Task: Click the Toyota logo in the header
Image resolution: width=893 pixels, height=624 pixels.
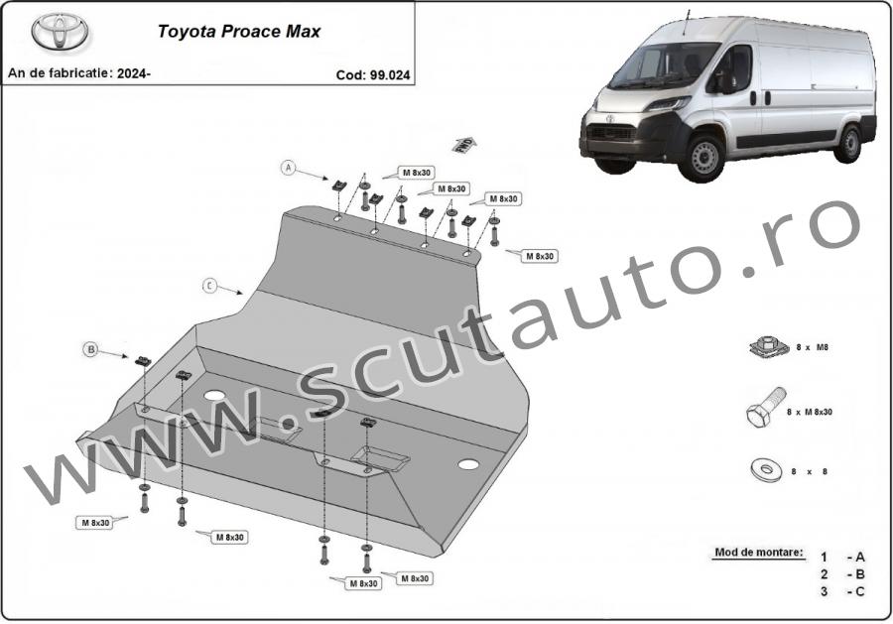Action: click(60, 32)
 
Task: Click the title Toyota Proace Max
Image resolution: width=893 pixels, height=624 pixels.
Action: click(238, 32)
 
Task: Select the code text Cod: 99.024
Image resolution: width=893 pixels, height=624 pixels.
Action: click(372, 75)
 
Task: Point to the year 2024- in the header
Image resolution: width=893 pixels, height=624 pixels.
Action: click(133, 73)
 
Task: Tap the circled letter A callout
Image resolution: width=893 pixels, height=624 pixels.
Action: click(289, 168)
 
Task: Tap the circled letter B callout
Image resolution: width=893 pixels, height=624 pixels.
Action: click(90, 349)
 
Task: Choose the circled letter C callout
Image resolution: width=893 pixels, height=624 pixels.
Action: click(210, 286)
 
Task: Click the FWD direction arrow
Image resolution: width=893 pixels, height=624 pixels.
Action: click(464, 145)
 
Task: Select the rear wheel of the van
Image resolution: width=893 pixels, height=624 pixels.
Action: click(849, 144)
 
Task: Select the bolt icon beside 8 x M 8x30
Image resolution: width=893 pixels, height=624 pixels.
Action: click(765, 408)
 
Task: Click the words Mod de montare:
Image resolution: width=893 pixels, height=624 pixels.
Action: click(759, 552)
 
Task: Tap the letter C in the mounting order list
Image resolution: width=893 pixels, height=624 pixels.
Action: click(860, 591)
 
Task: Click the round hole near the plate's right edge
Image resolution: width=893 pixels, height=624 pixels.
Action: click(468, 464)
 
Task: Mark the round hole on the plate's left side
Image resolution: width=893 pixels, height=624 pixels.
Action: click(214, 396)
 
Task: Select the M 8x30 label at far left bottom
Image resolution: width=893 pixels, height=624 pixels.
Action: click(95, 523)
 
